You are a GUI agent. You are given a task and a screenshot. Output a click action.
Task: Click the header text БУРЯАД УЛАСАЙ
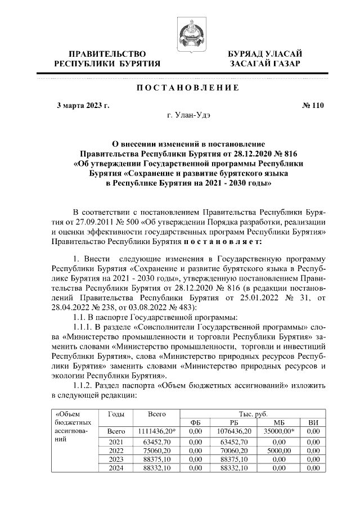264,53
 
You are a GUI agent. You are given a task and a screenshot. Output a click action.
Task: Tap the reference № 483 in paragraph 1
177,308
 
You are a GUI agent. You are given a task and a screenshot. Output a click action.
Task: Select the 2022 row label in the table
115,451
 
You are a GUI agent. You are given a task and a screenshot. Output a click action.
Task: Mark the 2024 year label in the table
115,468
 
